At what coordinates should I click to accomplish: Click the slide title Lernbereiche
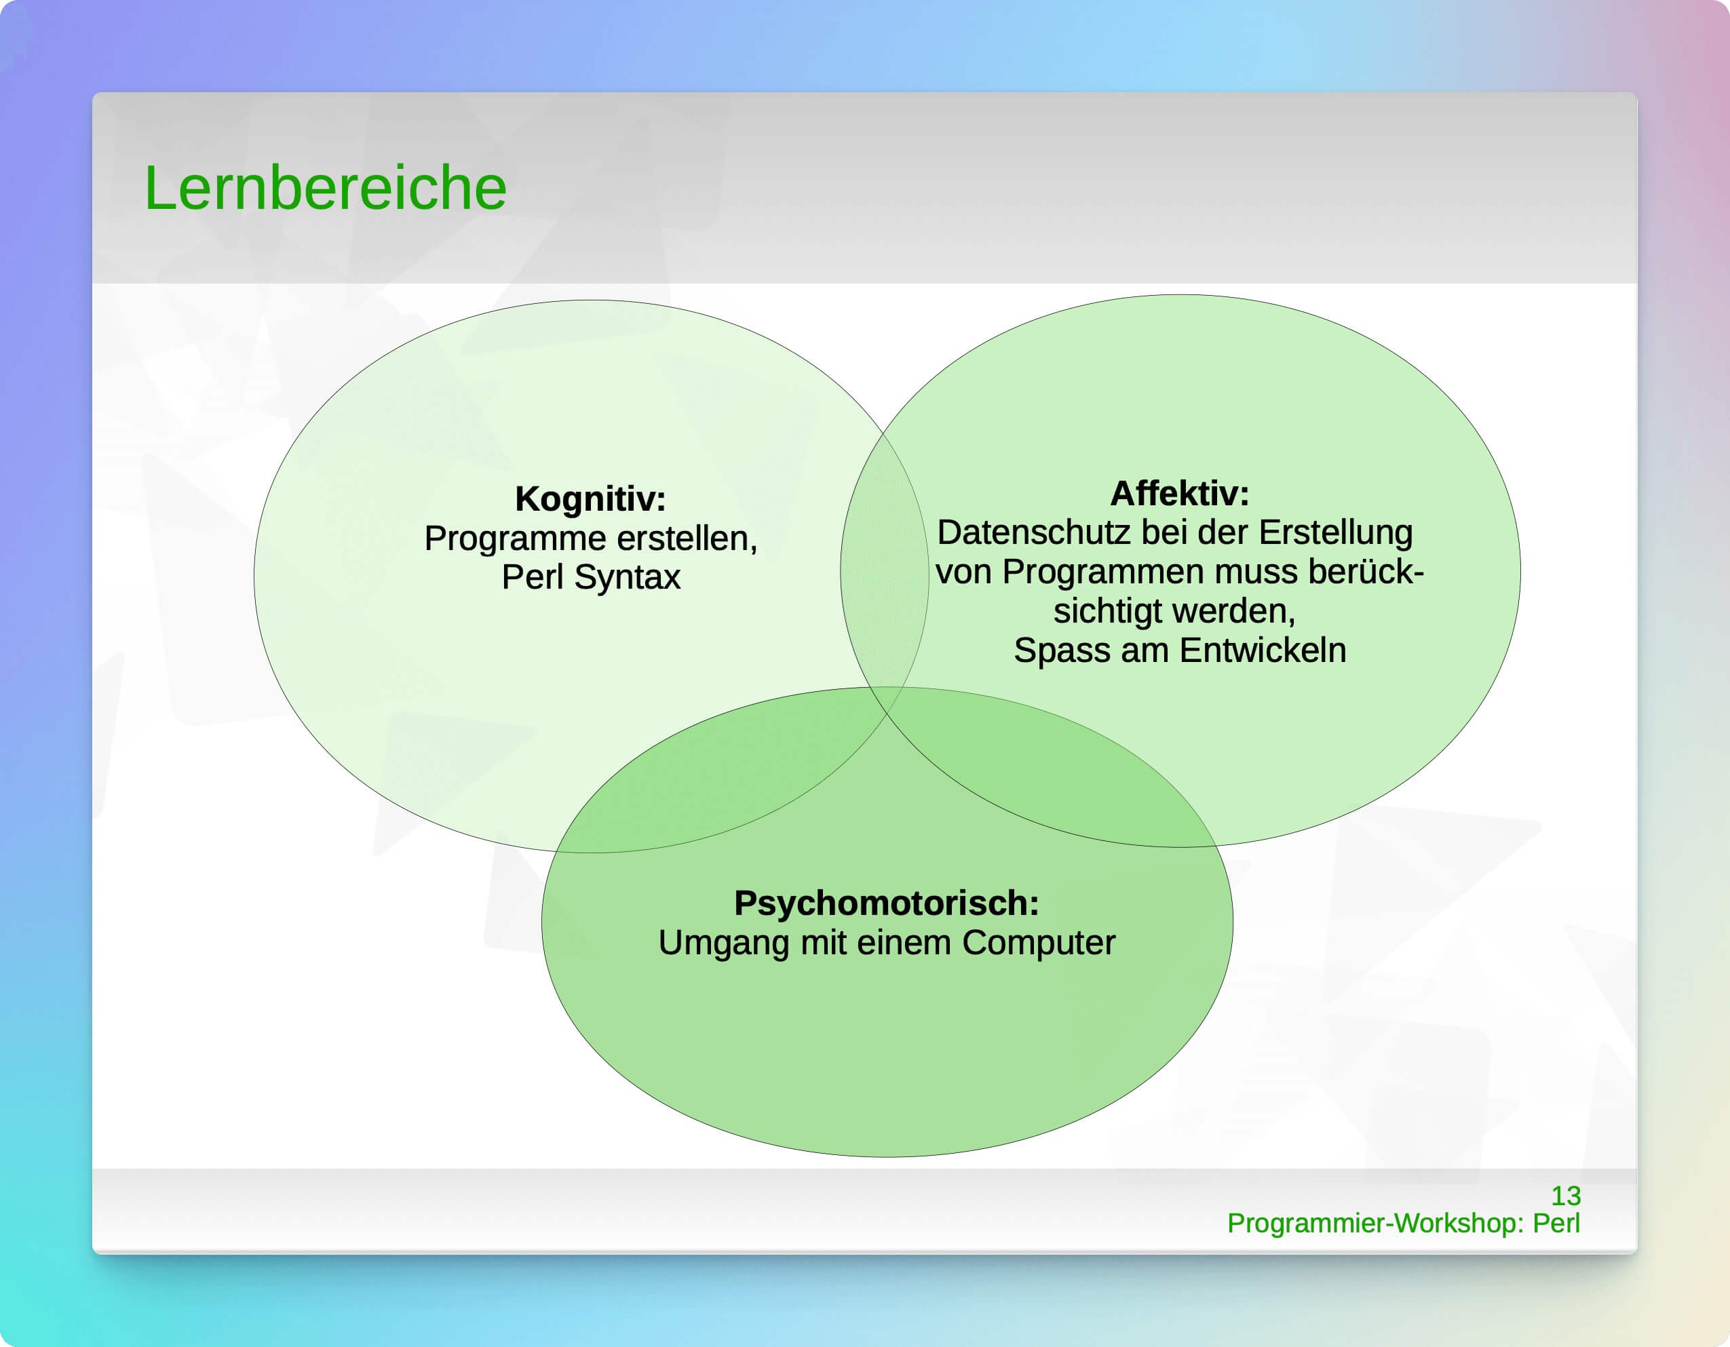325,189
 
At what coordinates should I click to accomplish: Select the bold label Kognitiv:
590,499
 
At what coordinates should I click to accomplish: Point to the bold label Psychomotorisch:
887,903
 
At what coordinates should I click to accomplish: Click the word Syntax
627,578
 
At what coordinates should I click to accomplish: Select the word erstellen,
687,539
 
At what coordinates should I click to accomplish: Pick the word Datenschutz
1034,532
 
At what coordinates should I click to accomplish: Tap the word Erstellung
1336,533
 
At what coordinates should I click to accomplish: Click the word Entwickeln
1263,650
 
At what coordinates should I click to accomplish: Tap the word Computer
1039,943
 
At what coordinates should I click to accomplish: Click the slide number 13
1565,1196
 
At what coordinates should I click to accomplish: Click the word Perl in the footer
1556,1223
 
